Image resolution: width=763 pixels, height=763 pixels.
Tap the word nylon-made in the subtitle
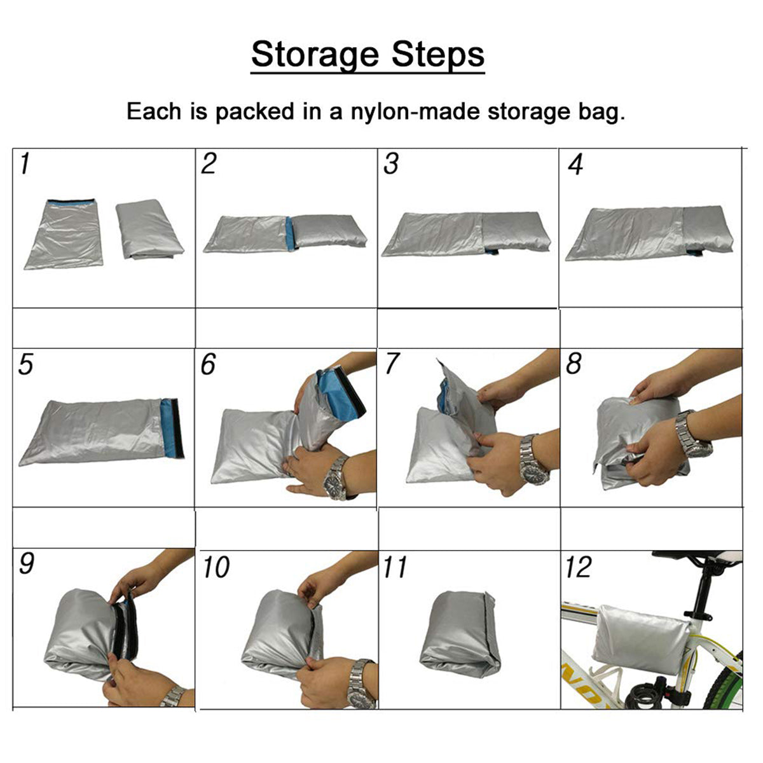415,112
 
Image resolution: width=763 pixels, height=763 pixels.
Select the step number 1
25,163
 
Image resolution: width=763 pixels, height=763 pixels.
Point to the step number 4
575,164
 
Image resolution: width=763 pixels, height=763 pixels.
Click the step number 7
392,363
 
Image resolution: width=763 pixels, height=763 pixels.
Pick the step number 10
216,567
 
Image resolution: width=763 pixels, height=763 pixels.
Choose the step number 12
579,567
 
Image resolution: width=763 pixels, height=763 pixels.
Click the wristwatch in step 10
362,684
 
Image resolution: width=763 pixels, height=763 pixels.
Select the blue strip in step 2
290,233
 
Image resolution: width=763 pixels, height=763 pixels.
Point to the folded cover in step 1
149,230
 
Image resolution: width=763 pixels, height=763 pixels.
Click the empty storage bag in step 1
64,234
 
